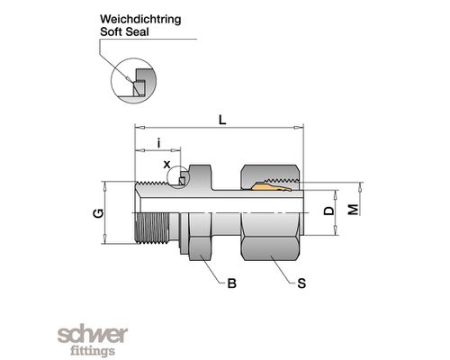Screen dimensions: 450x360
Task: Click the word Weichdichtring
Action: coord(140,20)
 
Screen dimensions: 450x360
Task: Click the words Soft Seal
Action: coord(124,31)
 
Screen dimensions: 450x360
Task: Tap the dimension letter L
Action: coord(222,120)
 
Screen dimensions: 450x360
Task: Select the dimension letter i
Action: coord(159,143)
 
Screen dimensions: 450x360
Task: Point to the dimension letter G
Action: coord(98,213)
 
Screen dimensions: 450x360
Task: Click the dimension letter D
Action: coord(329,211)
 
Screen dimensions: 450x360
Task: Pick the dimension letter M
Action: coord(354,210)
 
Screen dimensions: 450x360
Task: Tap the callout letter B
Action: coord(231,283)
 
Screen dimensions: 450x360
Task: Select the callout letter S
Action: coord(301,283)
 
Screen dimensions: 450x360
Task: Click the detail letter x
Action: coord(166,165)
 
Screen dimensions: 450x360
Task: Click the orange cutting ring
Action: coord(272,186)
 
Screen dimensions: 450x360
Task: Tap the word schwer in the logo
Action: coord(93,335)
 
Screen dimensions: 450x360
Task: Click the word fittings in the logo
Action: coord(93,350)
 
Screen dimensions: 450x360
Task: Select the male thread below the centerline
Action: coord(152,228)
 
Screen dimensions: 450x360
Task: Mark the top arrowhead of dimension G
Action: coord(104,186)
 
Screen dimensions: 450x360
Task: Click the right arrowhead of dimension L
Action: coord(298,128)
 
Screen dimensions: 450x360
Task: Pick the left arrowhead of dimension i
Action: coord(140,150)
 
